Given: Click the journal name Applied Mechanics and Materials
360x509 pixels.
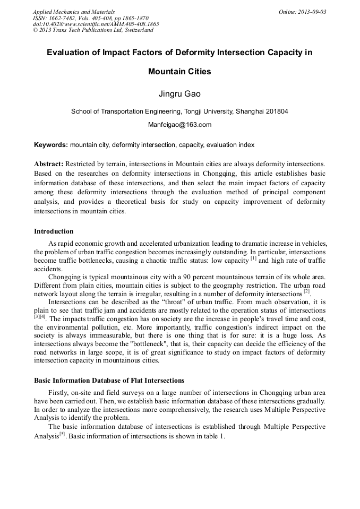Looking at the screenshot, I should tap(74, 11).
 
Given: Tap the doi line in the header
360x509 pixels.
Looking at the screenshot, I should tap(96, 24).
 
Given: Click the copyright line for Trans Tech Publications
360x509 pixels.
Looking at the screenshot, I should tap(93, 30).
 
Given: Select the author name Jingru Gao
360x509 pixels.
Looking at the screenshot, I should tap(179, 94).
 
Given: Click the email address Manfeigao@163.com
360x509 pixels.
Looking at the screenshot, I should tap(179, 125).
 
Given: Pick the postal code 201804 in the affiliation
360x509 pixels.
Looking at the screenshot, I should tap(276, 111).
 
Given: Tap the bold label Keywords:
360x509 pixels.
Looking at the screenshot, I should tap(51, 145).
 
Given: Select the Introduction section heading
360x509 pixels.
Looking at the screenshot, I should tap(54, 231).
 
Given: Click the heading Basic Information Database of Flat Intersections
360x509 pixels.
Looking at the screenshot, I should tap(109, 381).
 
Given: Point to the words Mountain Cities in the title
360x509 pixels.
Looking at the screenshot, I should tap(179, 72).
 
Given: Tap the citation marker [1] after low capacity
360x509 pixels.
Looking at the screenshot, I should tap(253, 258).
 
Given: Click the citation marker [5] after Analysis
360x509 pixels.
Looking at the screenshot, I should tap(62, 434).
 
